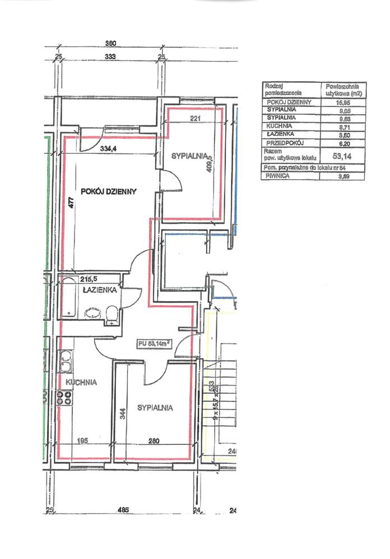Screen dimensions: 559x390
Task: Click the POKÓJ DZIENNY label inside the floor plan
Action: (109, 191)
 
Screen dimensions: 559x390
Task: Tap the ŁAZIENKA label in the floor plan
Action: (99, 290)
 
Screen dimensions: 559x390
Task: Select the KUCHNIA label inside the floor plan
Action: (81, 382)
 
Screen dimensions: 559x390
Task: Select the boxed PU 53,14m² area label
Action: (155, 344)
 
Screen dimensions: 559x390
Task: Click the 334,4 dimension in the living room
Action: (110, 149)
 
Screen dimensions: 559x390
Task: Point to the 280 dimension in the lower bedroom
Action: (154, 441)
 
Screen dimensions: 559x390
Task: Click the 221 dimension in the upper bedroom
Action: (196, 118)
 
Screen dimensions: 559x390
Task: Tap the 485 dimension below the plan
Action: (123, 510)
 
